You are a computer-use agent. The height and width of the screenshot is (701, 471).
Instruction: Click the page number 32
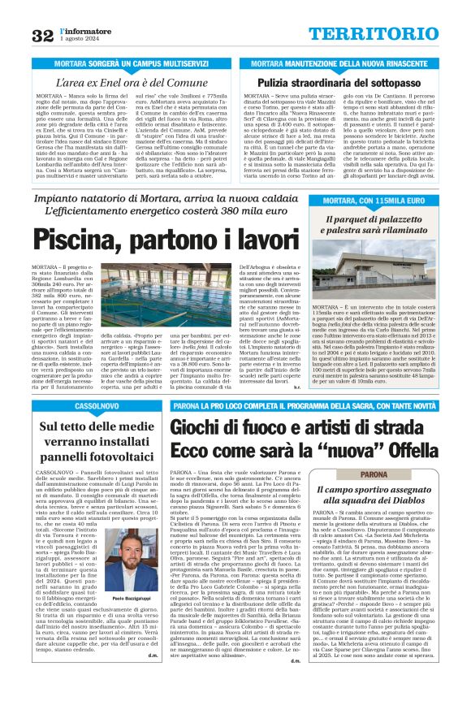point(42,35)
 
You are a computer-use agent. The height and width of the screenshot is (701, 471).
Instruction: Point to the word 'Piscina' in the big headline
point(76,241)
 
